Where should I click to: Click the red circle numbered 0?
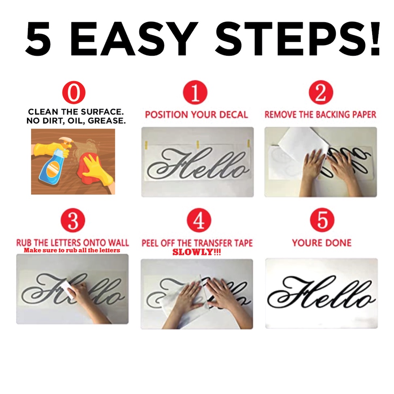(74, 93)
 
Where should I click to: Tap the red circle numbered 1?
(195, 92)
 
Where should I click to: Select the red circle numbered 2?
(321, 92)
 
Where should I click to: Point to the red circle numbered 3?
(73, 220)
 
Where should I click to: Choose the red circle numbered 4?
(199, 220)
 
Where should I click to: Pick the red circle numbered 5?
(322, 220)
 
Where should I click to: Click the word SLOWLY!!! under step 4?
(197, 252)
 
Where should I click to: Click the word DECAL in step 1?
(233, 114)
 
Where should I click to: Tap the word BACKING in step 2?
(333, 114)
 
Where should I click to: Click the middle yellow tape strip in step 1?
(198, 144)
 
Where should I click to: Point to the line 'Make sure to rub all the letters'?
(72, 250)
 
